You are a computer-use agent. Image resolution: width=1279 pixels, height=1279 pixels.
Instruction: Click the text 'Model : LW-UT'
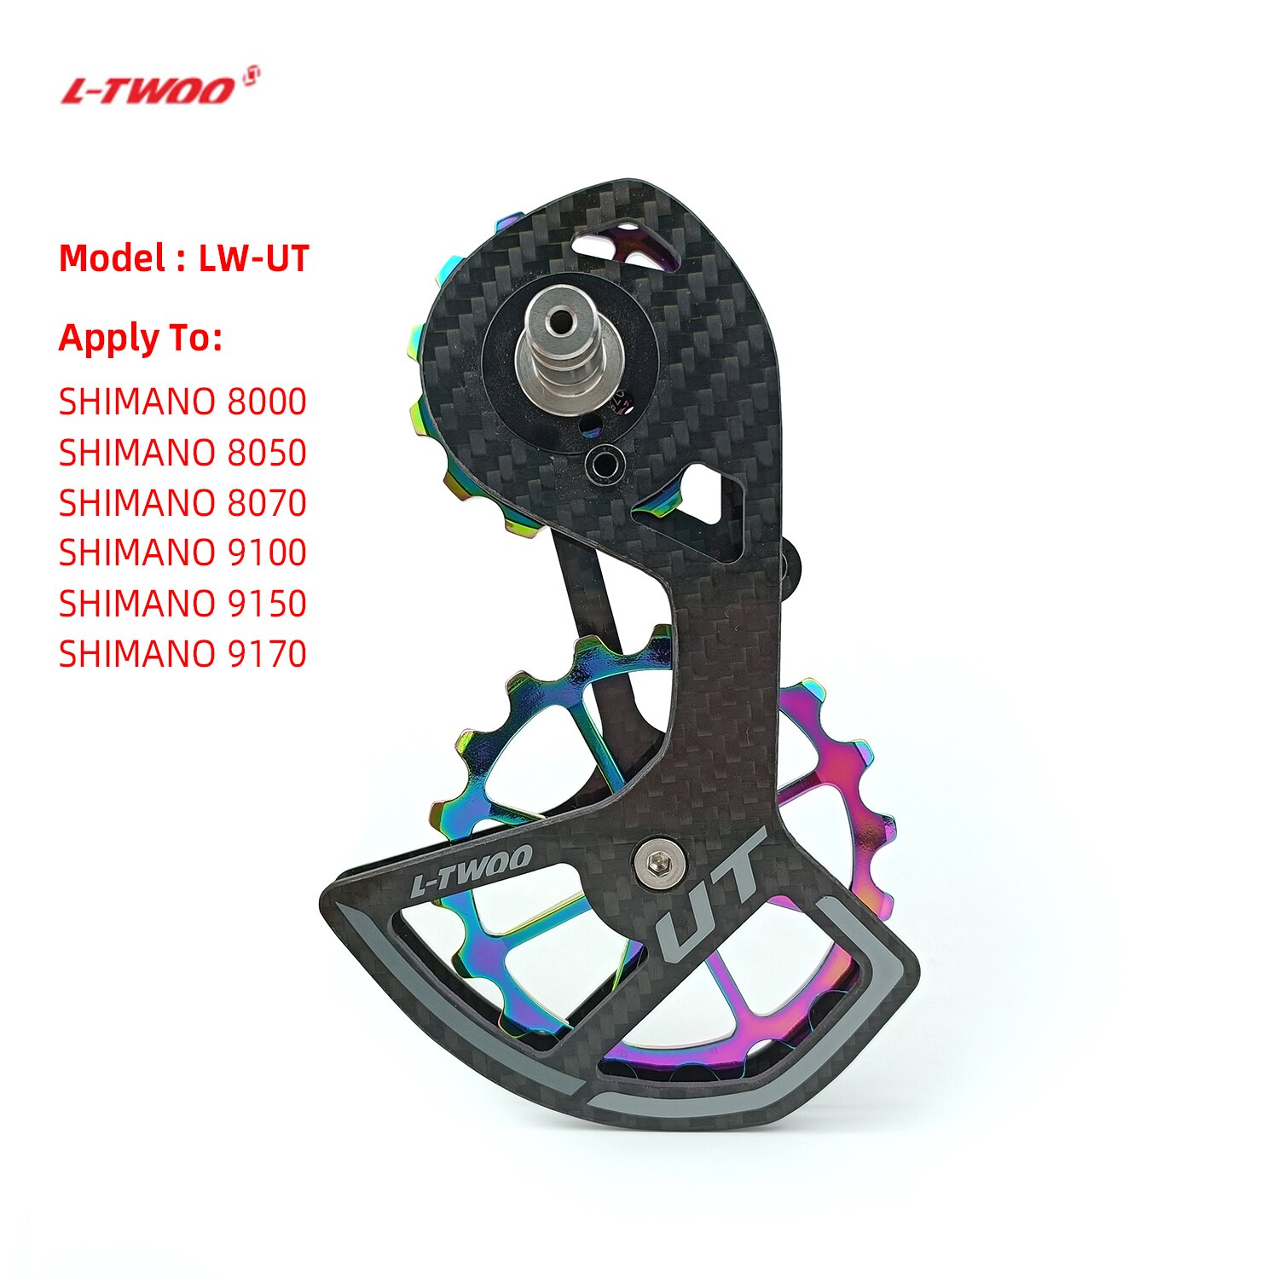[183, 258]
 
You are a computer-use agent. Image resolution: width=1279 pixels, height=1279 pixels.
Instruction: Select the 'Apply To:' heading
[141, 339]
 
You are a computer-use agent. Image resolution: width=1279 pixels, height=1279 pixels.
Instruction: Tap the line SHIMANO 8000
[182, 402]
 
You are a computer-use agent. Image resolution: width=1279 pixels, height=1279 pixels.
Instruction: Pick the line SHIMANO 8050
[182, 453]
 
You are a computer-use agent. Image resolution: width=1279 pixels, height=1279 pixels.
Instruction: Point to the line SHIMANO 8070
[182, 503]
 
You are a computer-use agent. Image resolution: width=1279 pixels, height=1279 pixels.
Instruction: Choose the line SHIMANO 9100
[182, 553]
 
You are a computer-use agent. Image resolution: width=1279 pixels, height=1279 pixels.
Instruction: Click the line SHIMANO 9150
[182, 604]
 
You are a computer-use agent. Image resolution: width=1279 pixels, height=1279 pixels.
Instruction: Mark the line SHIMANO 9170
[182, 654]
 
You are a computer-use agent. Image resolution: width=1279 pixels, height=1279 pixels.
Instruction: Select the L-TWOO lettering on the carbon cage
[471, 870]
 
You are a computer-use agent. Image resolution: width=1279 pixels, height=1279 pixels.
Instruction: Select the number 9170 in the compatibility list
[267, 654]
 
